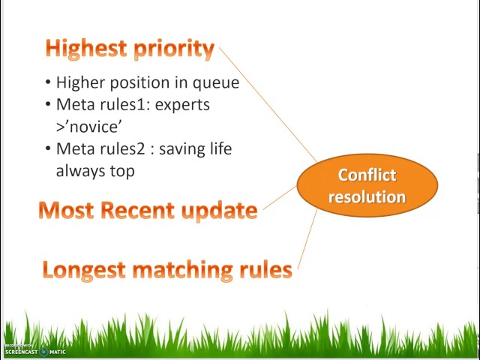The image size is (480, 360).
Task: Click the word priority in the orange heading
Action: (x=173, y=49)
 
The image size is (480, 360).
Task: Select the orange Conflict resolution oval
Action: (x=367, y=185)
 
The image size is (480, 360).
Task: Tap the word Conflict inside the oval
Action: (x=367, y=175)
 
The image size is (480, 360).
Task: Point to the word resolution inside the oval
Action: (x=367, y=196)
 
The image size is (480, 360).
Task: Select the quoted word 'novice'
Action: (x=88, y=127)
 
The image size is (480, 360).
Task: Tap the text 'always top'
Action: (x=95, y=171)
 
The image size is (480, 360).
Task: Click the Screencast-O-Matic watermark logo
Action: (x=35, y=350)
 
